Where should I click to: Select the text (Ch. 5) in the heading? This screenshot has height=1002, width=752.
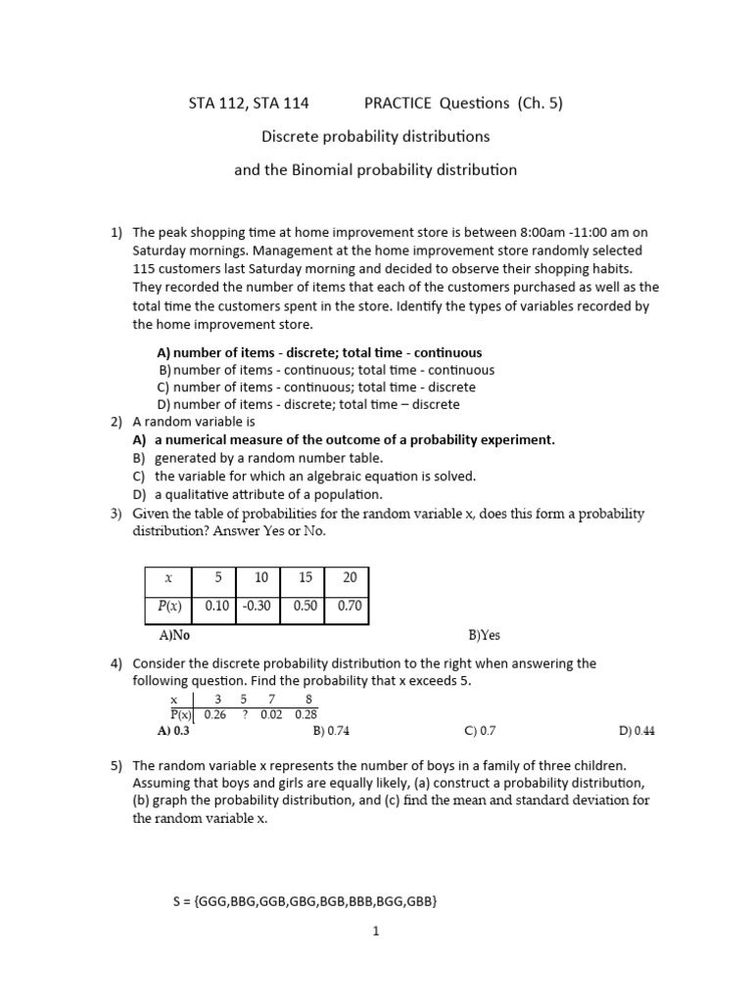click(540, 103)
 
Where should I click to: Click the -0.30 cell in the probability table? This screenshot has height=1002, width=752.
click(258, 606)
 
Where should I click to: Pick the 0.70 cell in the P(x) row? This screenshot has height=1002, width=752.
click(350, 606)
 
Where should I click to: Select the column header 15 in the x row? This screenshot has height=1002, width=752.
click(304, 577)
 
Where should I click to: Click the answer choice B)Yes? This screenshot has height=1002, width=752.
click(484, 634)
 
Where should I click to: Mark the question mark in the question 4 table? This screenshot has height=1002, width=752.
click(243, 715)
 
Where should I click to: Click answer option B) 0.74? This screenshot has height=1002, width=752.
click(331, 730)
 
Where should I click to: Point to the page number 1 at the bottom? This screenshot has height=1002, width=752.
click(375, 932)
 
